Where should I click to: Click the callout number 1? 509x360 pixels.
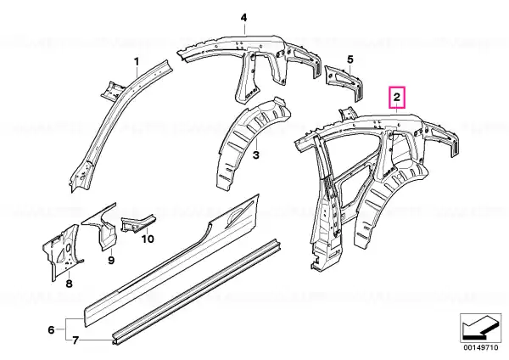coord(137,61)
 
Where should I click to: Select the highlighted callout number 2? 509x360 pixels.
coord(397,97)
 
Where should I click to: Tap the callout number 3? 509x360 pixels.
coord(256,155)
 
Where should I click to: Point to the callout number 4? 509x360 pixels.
coord(243,18)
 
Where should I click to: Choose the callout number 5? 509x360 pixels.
coord(350,59)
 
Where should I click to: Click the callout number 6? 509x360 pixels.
coord(51,330)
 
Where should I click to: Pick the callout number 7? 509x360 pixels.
coord(76,340)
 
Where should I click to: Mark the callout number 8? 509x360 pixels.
coord(70,284)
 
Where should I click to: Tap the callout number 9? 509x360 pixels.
coord(111,261)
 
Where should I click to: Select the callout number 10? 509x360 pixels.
coord(148,239)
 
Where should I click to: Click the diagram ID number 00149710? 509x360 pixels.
coord(481,347)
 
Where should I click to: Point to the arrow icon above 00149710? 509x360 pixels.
coord(481,328)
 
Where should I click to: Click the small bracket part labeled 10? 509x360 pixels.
coord(137,222)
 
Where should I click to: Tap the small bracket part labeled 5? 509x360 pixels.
coord(344,82)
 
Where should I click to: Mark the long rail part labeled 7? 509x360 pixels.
coord(197,291)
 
